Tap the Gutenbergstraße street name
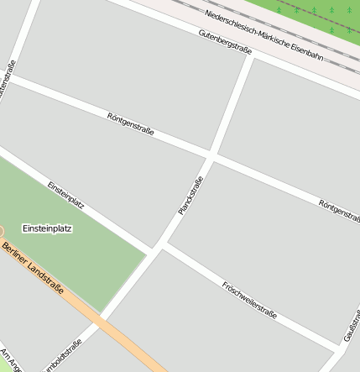point(225,43)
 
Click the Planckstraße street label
point(190,195)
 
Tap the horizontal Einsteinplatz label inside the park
point(47,228)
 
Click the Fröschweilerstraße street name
point(249,298)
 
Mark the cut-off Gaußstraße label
point(352,325)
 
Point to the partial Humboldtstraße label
point(67,354)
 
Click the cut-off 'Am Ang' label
point(8,359)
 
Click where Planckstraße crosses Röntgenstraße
point(211,157)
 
